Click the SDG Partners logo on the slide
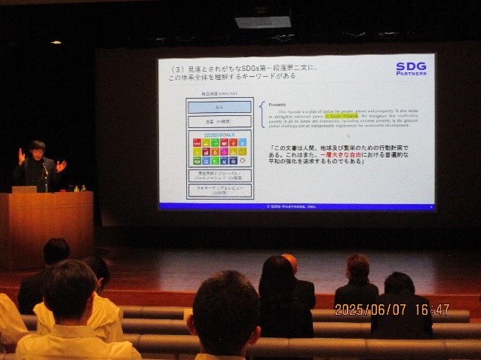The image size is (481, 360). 411,69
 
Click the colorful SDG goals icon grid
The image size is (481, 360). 219,150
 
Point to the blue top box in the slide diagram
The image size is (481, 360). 219,107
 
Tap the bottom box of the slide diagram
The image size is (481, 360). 219,191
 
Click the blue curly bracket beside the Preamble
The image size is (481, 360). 262,114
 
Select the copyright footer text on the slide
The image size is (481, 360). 293,206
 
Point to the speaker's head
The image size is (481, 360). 37,148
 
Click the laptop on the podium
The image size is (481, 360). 23,189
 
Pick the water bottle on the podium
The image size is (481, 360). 82,188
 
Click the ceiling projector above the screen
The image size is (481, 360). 262,22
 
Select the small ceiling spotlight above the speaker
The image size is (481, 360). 57,42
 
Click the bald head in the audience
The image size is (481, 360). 290,262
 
